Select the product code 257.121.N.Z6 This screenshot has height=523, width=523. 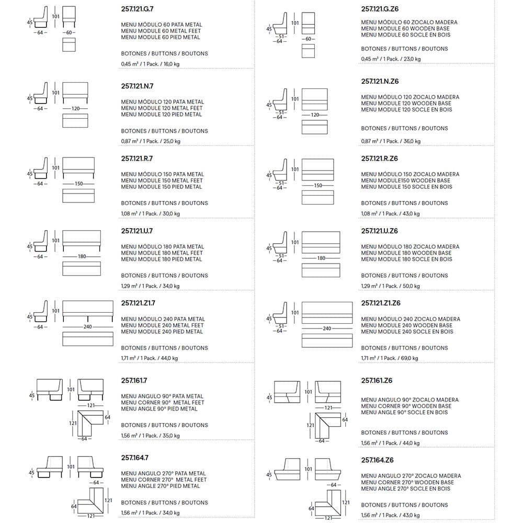point(380,81)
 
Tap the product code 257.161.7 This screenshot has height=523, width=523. point(134,381)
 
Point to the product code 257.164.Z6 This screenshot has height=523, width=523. point(377,460)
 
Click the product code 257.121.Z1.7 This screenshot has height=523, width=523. point(138,303)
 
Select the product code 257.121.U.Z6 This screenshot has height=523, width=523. point(380,231)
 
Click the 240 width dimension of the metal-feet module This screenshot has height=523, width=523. point(87,327)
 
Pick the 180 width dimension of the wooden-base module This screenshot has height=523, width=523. point(321,258)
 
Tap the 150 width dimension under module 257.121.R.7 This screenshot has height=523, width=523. point(78,184)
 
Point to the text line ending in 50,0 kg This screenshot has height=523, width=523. point(390,286)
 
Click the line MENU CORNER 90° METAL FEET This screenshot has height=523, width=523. point(163,403)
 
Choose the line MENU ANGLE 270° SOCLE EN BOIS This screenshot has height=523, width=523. point(405,488)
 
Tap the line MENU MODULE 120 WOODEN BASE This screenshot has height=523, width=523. point(406,104)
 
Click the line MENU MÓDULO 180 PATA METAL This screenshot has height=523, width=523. point(162,247)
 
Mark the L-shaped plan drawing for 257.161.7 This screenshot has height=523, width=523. point(90,424)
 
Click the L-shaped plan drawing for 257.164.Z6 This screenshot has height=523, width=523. point(328,504)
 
